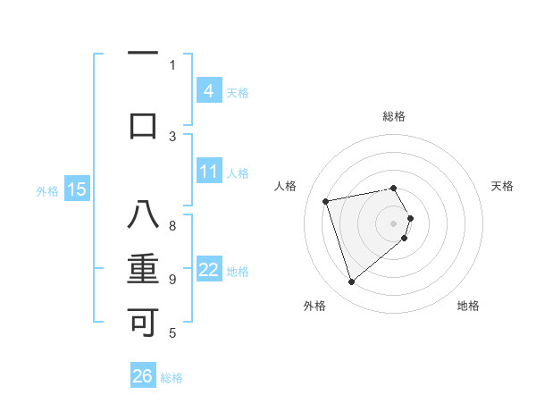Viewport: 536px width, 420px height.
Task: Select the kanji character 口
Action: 143,125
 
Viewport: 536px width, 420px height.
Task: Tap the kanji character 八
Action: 143,215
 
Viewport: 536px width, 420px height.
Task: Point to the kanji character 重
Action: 143,269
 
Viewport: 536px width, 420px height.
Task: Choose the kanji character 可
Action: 143,321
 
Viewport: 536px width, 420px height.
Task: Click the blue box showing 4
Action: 208,91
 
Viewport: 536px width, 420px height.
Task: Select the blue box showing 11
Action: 208,172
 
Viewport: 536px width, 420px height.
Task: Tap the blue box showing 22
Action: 208,270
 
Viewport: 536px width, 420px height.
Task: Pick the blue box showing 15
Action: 77,189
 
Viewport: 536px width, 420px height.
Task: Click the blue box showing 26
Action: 143,376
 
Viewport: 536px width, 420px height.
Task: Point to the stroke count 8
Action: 172,226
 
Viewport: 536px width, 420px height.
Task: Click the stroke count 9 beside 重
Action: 172,280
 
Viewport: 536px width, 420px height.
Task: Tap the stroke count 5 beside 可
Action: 172,333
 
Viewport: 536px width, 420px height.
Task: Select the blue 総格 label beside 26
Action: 172,378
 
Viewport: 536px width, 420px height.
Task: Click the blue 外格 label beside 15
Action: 47,190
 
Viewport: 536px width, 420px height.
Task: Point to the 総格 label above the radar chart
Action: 394,116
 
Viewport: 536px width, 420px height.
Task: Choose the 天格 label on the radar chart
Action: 503,186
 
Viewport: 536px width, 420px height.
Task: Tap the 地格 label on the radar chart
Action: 468,306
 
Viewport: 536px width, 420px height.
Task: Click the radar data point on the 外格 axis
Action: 351,282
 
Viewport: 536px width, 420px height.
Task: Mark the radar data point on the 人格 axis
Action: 326,200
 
